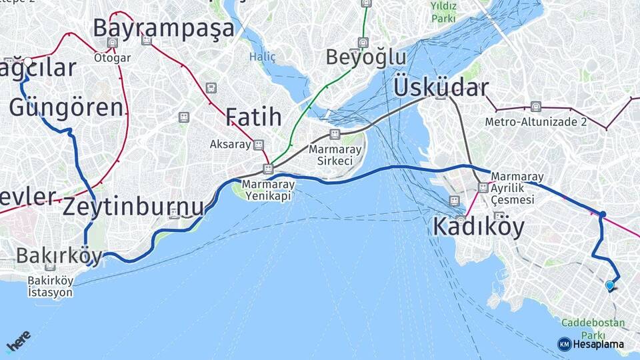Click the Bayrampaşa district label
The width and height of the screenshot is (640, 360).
(163, 28)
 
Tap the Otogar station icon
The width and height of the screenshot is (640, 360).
(112, 43)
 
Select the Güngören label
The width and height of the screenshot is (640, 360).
(66, 107)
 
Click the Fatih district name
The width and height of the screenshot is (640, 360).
(253, 117)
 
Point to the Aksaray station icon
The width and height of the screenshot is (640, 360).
(258, 144)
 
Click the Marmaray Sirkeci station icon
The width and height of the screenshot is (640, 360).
(335, 134)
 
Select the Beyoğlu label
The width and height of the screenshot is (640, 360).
(365, 57)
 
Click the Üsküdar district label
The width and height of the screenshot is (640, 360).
(441, 87)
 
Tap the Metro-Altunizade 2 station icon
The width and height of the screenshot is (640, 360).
(536, 107)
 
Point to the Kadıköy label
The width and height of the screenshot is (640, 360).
(478, 227)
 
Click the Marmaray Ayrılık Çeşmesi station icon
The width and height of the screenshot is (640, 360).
(483, 187)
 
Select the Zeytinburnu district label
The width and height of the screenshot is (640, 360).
(133, 207)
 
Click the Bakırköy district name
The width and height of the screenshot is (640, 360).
(59, 255)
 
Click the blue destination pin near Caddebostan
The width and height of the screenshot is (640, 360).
(609, 285)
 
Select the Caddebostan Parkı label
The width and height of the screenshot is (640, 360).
(593, 329)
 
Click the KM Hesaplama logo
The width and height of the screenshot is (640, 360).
(591, 344)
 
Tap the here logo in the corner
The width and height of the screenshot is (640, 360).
(19, 341)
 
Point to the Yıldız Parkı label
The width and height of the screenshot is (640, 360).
(443, 11)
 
